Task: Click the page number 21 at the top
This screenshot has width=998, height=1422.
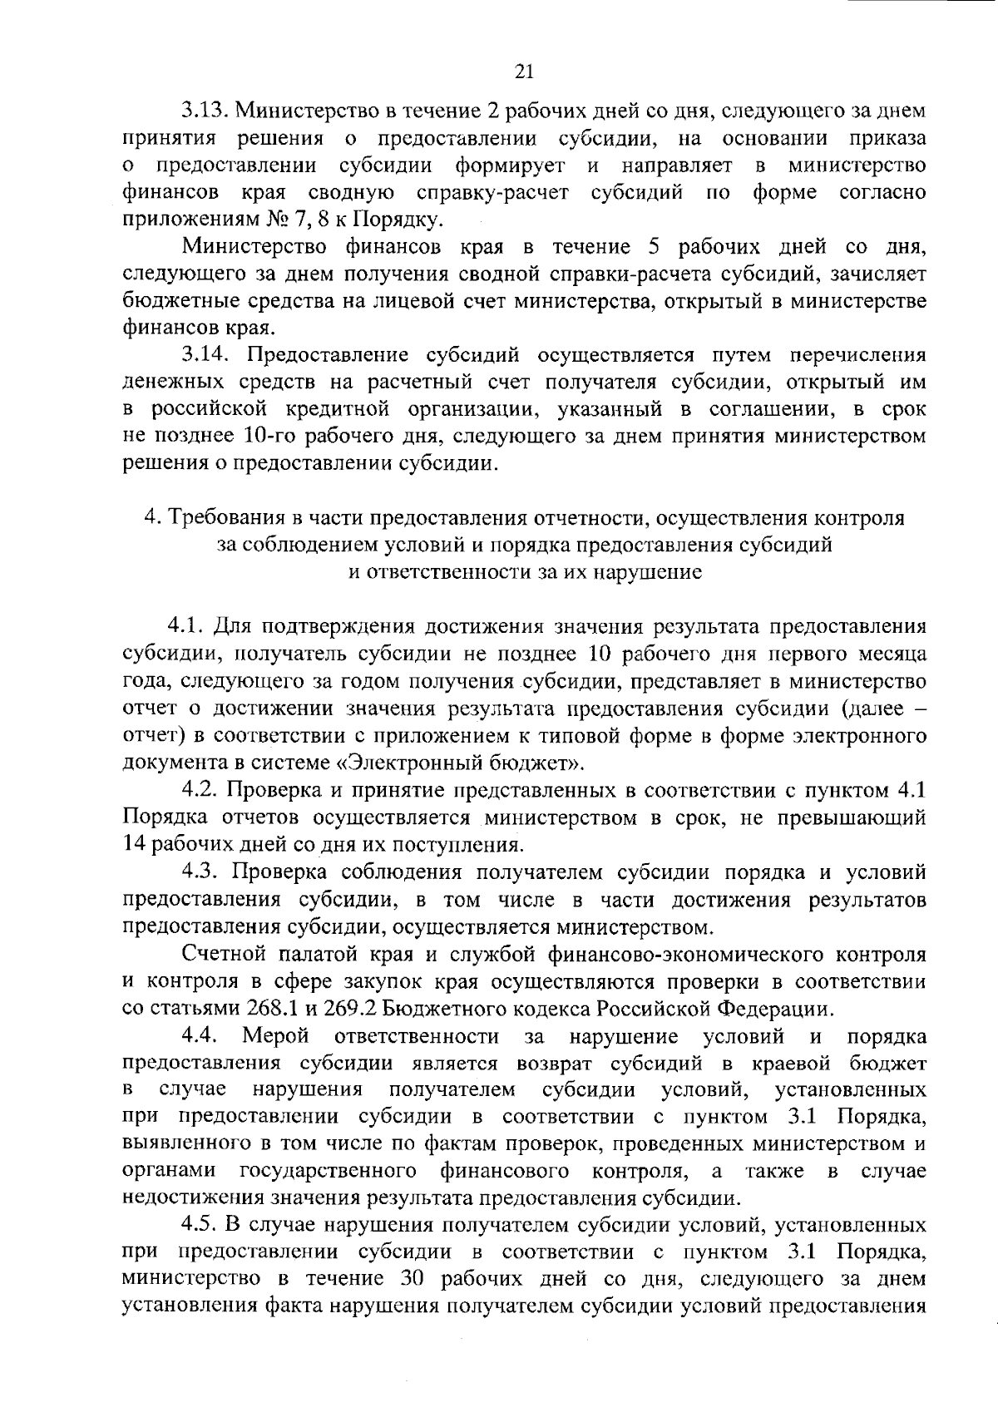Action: pyautogui.click(x=523, y=72)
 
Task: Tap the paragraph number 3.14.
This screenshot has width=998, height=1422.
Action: pyautogui.click(x=205, y=355)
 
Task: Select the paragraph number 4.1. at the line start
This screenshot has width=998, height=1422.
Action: pyautogui.click(x=188, y=625)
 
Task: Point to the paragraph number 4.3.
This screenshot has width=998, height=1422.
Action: pyautogui.click(x=205, y=872)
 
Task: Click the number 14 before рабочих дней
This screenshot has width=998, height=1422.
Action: pyautogui.click(x=133, y=845)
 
